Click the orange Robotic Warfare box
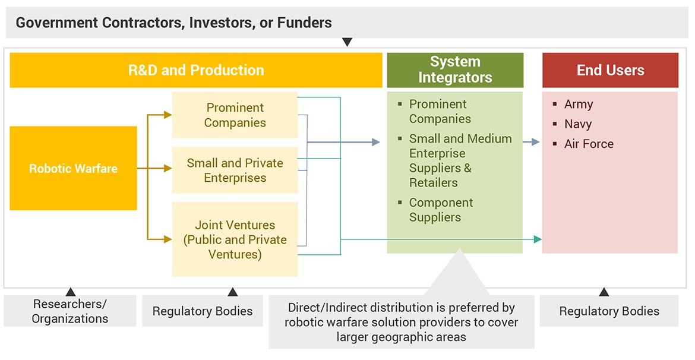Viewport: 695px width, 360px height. pos(73,168)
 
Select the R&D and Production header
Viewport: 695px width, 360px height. pos(196,70)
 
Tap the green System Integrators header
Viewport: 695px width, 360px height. pos(455,70)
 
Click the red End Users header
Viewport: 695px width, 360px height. pos(610,70)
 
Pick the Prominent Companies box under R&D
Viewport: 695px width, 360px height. pos(235,115)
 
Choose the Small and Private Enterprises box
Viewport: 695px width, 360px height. pos(235,170)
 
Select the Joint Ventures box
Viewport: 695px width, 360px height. pos(235,239)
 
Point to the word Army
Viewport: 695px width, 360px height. pos(579,104)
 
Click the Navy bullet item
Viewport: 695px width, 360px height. pos(577,124)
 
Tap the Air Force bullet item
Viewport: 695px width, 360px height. pos(589,144)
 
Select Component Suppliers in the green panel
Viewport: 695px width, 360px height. pos(441,210)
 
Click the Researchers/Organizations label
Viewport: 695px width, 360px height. pos(70,311)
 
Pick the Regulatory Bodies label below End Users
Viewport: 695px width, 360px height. pos(609,311)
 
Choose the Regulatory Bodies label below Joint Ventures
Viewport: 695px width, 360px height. pos(203,311)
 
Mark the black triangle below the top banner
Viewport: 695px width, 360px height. pos(347,42)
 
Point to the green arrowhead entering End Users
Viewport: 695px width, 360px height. pos(538,239)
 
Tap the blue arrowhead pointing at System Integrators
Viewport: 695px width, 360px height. pos(375,142)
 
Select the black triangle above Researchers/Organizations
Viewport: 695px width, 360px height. pos(70,292)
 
